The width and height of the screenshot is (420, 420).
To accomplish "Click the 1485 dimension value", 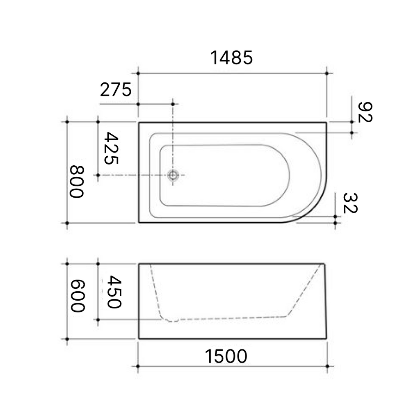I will pos(232,58).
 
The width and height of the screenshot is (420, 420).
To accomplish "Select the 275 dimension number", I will pos(116,89).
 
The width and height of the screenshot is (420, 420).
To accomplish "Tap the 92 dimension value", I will pos(365,112).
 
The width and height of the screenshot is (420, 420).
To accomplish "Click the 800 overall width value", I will pos(76,181).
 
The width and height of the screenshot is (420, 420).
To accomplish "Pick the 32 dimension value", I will pos(350,203).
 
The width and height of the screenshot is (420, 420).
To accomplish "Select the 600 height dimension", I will pos(77,296).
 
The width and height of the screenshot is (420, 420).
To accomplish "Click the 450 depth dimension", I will pos(113,292).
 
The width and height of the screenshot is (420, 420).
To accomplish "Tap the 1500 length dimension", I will pos(226,356).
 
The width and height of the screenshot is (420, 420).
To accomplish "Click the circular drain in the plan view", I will pos(173,176).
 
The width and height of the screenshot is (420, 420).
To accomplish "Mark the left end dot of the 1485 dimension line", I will pos(138,73).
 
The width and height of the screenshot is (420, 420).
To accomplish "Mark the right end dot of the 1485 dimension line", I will pos(326,73).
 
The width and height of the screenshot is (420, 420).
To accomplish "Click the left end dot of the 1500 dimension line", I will pos(138,366).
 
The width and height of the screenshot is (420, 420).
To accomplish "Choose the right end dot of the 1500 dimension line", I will pos(327,366).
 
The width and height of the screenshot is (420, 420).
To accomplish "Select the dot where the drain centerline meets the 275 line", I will pos(173,104).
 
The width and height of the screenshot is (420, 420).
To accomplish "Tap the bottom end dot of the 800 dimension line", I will pos(67,223).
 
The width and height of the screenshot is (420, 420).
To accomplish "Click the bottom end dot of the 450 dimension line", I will pos(98,320).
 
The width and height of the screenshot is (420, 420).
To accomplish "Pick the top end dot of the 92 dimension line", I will pos(352,122).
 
